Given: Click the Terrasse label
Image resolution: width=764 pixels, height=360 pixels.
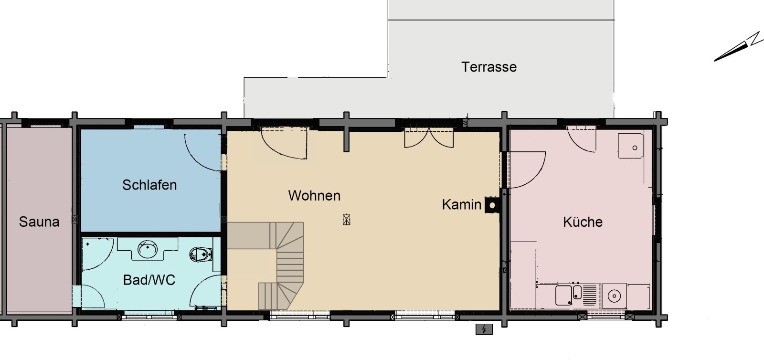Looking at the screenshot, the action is click(489, 67).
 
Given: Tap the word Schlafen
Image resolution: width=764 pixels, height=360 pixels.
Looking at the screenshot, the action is click(149, 185).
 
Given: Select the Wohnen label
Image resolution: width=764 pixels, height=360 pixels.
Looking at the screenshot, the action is click(314, 195).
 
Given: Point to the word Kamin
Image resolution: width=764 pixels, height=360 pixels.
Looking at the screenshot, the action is click(461, 204).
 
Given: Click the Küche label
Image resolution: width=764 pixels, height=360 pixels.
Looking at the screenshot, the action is click(583, 222).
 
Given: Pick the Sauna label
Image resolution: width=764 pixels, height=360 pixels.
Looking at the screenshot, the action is click(39, 222).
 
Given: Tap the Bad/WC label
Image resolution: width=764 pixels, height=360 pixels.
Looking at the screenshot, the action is click(149, 280).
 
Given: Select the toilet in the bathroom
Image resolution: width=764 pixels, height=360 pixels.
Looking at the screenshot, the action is click(201, 254).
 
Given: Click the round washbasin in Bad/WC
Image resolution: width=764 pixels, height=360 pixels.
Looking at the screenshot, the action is click(148, 249).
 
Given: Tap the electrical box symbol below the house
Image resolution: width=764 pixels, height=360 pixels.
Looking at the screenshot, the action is click(484, 329).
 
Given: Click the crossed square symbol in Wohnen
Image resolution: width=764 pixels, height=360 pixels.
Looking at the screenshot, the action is click(346, 219).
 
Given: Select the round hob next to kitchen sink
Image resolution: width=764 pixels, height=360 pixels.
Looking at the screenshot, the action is click(614, 296).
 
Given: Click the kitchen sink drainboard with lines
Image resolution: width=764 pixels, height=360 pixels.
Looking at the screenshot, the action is click(590, 295).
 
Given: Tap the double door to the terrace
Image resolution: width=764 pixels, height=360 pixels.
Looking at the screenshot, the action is click(429, 138).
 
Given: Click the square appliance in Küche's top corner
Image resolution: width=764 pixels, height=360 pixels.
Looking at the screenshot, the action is click(631, 146).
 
